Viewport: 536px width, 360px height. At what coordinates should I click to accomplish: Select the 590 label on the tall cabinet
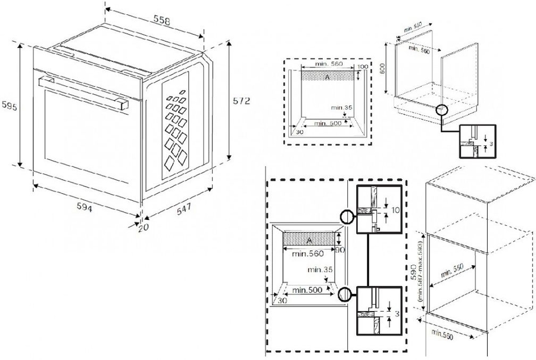click(414, 272)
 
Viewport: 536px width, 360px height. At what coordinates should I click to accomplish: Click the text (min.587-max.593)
click(421, 272)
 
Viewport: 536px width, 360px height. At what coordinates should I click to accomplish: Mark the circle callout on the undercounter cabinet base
click(441, 110)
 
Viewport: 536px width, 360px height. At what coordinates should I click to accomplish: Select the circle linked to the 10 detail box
click(345, 216)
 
